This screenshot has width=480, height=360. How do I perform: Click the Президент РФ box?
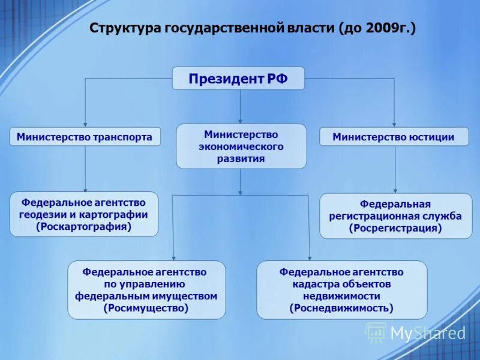[x=238, y=79]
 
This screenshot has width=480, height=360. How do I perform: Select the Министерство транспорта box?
[x=85, y=137]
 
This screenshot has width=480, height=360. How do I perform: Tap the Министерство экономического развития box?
[x=241, y=146]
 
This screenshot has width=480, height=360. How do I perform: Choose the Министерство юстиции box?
[x=394, y=137]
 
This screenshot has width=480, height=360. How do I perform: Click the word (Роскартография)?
[x=83, y=227]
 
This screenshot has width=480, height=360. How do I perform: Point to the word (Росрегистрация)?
[x=395, y=228]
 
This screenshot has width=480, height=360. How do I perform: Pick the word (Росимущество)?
[x=146, y=308]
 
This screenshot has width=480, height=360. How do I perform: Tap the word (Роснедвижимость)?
[x=341, y=308]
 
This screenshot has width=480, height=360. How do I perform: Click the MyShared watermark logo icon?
[x=376, y=332]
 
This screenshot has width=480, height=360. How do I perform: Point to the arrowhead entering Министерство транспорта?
[x=85, y=124]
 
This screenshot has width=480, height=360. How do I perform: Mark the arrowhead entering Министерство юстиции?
[x=394, y=124]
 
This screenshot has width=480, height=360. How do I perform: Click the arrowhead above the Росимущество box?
[x=173, y=257]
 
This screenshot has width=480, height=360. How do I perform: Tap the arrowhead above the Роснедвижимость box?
[x=310, y=257]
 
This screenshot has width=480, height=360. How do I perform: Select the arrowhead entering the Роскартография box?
[x=85, y=188]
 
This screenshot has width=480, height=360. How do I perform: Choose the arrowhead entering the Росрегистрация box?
[x=395, y=190]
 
